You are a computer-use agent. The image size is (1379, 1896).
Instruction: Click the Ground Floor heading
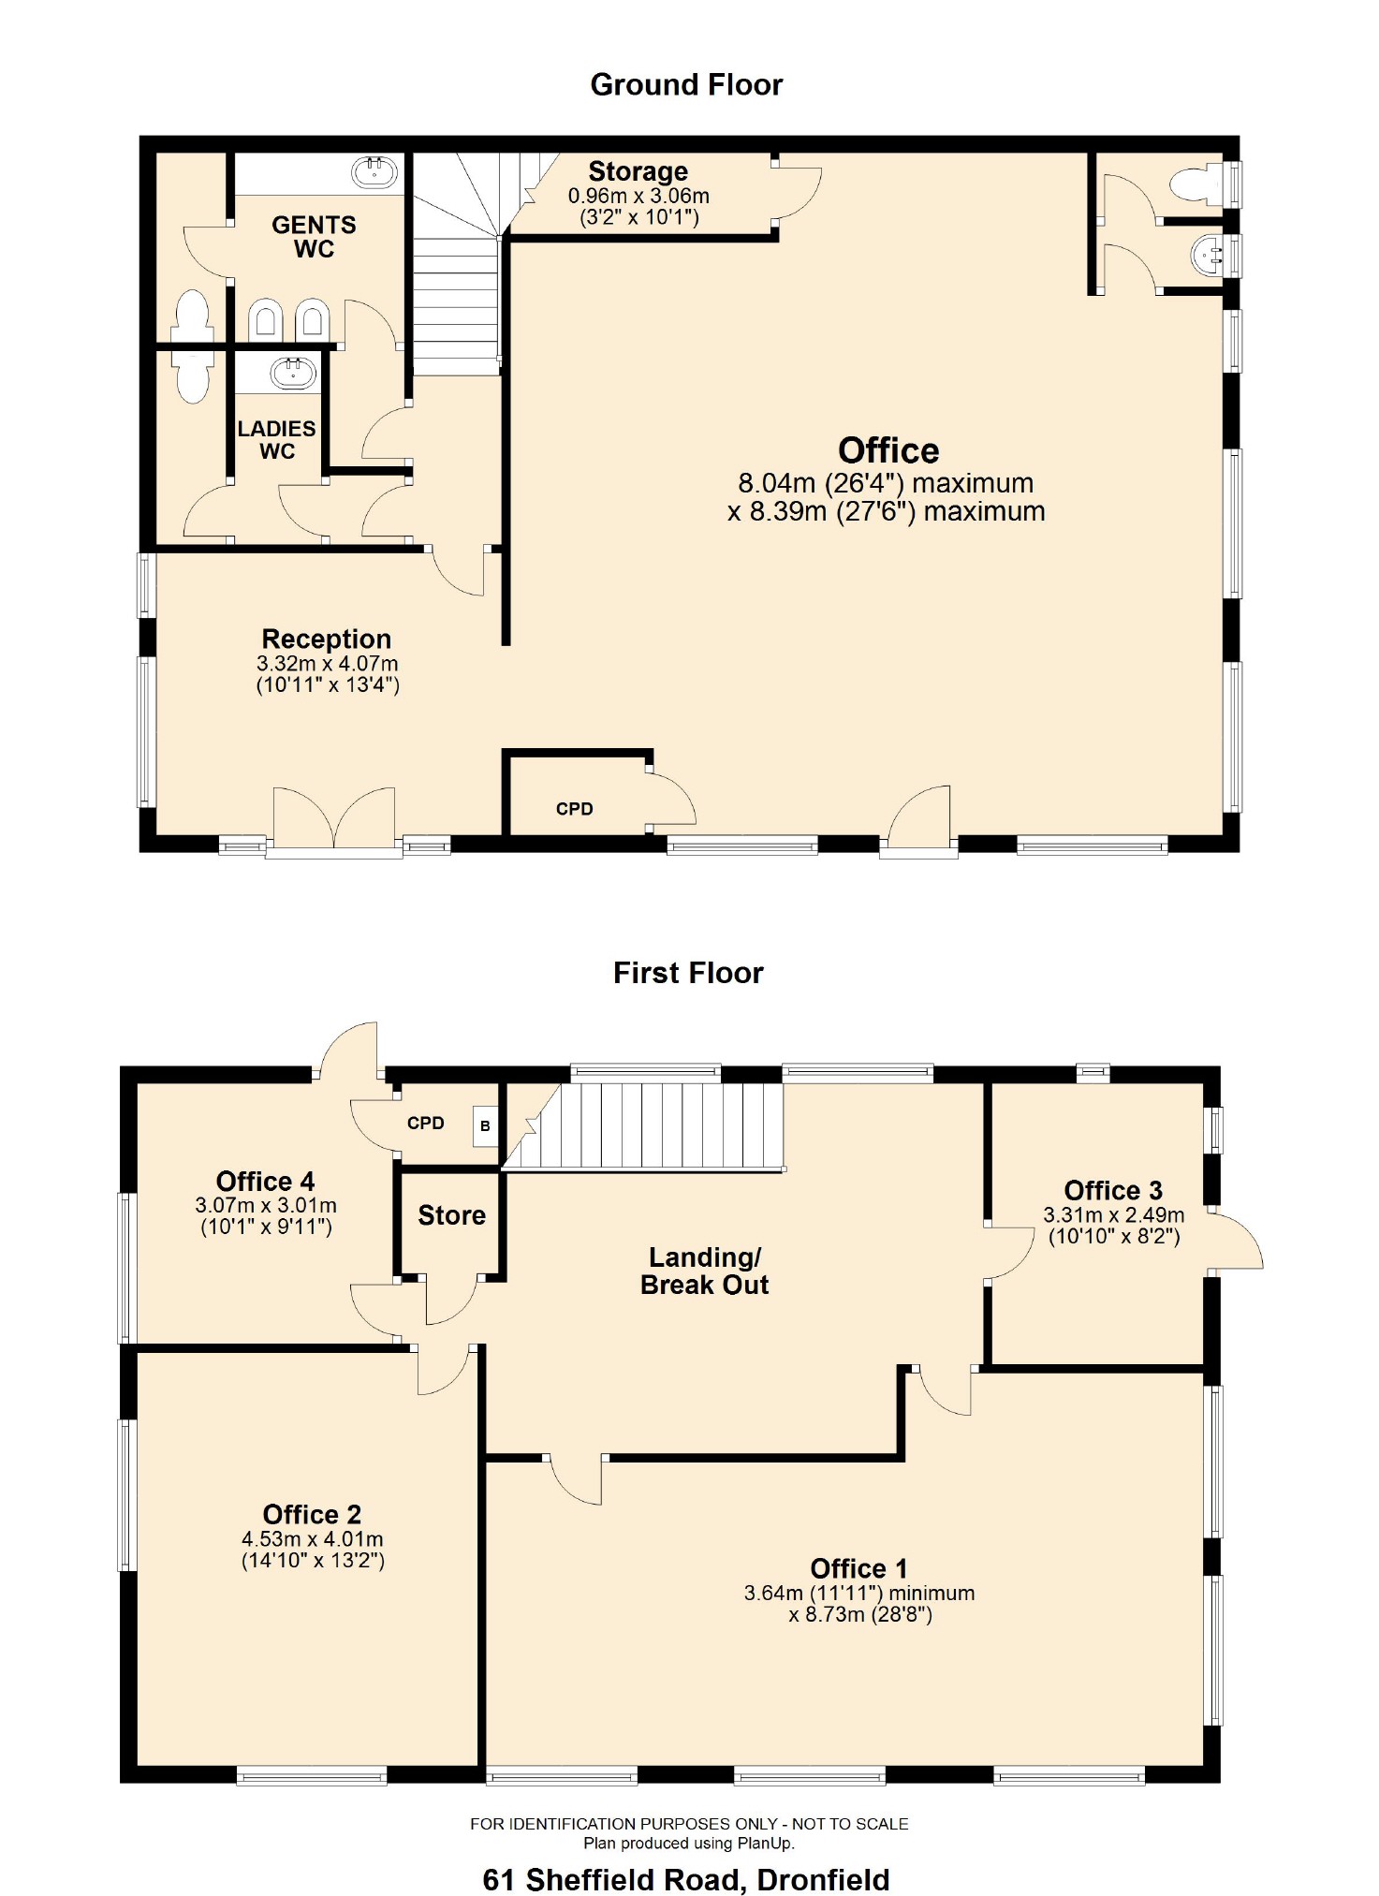click(x=686, y=85)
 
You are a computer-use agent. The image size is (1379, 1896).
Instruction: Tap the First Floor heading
click(x=688, y=973)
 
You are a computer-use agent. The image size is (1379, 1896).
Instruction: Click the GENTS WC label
click(x=314, y=237)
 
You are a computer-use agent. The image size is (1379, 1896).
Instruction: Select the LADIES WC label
click(x=276, y=440)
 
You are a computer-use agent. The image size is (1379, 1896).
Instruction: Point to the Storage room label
click(x=638, y=172)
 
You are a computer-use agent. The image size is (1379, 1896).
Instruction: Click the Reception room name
click(x=326, y=639)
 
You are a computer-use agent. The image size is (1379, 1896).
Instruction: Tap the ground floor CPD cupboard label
click(x=574, y=809)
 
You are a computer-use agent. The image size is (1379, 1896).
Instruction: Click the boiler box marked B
click(x=485, y=1126)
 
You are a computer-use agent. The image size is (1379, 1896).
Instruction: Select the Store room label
click(x=451, y=1215)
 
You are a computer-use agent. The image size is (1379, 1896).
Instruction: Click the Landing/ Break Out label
click(x=704, y=1271)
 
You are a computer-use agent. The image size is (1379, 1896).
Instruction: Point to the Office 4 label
click(x=265, y=1182)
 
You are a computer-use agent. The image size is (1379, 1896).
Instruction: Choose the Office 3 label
click(x=1113, y=1191)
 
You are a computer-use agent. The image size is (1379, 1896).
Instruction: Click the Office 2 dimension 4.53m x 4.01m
click(x=312, y=1539)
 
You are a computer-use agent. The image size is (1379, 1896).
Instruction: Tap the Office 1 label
click(x=858, y=1568)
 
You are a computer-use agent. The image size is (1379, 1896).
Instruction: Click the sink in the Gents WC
click(x=374, y=172)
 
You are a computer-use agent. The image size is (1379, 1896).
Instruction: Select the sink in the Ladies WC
click(x=293, y=374)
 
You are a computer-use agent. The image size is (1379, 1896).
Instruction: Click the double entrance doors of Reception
click(x=334, y=819)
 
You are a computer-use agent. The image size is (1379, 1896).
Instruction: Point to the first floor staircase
click(x=655, y=1125)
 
